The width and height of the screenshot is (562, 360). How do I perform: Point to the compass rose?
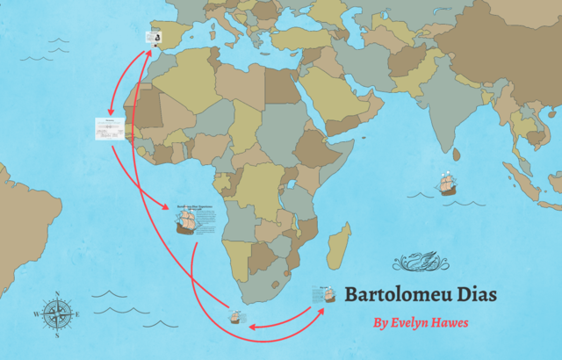56,313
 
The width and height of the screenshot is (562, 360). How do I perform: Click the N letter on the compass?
56,293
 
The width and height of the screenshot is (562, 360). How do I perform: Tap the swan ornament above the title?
420,261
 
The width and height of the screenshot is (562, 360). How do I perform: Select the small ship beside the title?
324,294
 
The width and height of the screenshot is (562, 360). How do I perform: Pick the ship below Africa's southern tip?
236,316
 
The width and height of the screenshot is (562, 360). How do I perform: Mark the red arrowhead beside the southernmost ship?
252,327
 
